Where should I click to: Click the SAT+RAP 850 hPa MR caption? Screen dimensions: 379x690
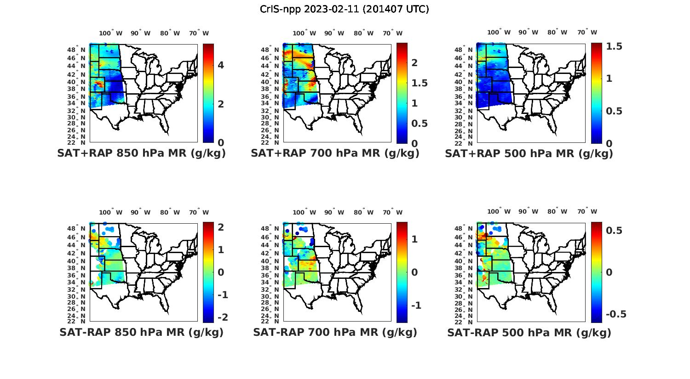click(x=141, y=153)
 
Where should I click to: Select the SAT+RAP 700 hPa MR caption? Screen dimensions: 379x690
click(x=335, y=153)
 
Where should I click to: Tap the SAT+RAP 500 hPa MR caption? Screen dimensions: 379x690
click(x=529, y=153)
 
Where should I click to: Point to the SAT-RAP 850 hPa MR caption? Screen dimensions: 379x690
click(x=141, y=332)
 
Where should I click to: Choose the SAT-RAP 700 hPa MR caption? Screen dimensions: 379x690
click(x=335, y=332)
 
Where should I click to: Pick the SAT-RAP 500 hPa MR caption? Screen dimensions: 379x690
click(x=529, y=332)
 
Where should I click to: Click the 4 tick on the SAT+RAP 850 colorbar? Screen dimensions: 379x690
click(x=221, y=65)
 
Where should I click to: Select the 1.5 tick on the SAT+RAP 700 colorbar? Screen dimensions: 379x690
click(x=419, y=83)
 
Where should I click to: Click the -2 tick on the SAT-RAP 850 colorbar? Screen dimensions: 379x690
click(x=222, y=317)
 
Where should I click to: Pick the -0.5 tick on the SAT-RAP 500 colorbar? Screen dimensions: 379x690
click(x=615, y=314)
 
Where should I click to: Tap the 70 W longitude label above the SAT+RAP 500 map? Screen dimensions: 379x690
click(x=587, y=33)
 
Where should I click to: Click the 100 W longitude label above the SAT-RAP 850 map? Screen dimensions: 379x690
click(x=111, y=212)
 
